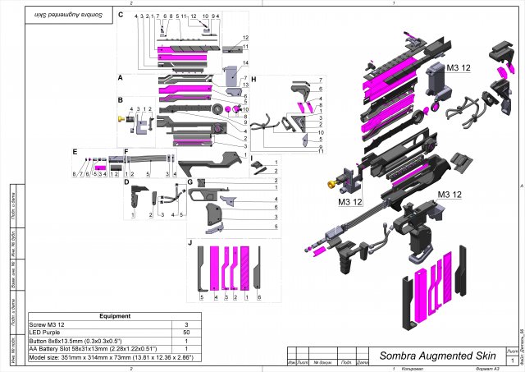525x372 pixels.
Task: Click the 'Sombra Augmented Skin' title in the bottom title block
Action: tap(436, 356)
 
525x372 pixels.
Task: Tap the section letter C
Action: tap(121, 15)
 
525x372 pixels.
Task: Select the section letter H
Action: tap(253, 80)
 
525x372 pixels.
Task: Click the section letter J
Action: tap(189, 243)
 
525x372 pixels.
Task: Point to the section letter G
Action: tap(189, 181)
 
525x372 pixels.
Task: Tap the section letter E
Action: tap(74, 152)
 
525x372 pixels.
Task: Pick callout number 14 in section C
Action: tap(244, 63)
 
